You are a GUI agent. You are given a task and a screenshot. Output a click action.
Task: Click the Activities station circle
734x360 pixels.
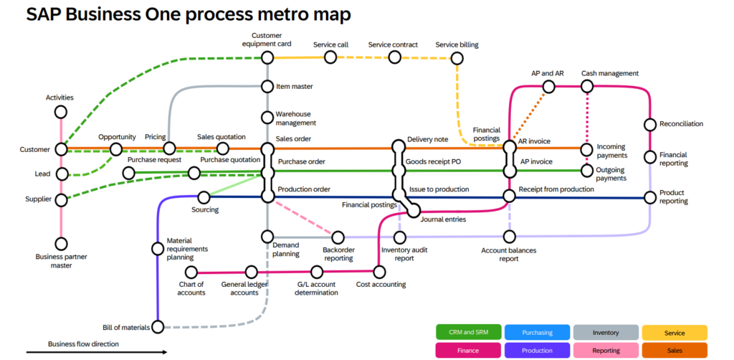[x=60, y=113]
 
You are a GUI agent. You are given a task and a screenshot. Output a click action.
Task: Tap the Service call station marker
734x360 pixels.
[x=330, y=57]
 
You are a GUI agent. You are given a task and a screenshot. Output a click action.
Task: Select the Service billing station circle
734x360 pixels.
[x=457, y=59]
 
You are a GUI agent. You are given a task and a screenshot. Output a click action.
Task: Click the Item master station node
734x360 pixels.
[x=267, y=87]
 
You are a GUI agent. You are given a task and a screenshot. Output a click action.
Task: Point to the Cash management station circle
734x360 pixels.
[x=587, y=87]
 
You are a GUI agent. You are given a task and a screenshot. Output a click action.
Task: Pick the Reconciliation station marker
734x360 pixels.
[x=650, y=125]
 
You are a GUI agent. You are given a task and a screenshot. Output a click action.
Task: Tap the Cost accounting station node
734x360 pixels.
[x=379, y=272]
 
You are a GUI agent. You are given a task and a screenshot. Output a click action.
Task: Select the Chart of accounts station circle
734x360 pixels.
[x=191, y=272]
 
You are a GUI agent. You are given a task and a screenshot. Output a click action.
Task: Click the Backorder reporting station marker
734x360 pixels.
[x=338, y=237]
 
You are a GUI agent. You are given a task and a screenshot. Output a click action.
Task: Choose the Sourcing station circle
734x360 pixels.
[x=204, y=197]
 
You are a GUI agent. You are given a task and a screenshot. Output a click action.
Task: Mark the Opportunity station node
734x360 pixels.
[x=115, y=149]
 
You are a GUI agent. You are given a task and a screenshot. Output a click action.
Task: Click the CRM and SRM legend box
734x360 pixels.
[x=469, y=332]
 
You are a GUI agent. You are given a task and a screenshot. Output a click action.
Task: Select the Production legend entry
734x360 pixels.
[x=538, y=350]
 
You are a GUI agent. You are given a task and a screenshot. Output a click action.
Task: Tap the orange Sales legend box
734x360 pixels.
[x=675, y=350]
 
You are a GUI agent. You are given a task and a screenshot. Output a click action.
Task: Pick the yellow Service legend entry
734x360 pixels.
[x=675, y=332]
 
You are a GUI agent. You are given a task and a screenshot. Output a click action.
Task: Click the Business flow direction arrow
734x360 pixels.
[x=97, y=352]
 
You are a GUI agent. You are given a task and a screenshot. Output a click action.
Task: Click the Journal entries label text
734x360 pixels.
[x=443, y=219]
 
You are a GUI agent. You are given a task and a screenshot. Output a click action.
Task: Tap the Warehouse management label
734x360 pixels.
[x=296, y=118]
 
